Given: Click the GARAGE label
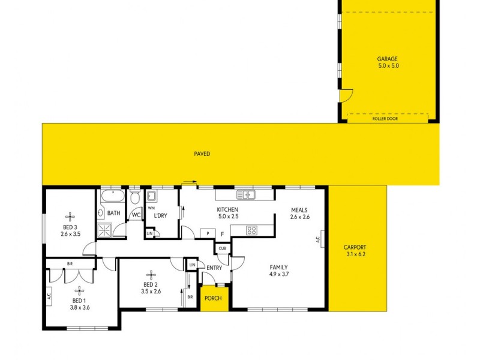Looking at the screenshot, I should tap(388, 59).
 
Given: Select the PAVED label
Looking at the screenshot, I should tap(202, 154).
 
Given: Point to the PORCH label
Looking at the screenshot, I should tap(214, 298).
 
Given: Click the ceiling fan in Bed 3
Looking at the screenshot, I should tap(70, 216).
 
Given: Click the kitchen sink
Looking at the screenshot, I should tap(246, 194).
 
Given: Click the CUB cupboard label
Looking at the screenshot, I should tap(222, 248).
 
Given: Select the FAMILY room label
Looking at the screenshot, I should tap(278, 268).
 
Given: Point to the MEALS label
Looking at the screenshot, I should tap(299, 210).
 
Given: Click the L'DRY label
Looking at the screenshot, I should tap(160, 215).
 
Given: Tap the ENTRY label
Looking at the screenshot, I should tap(214, 268).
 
